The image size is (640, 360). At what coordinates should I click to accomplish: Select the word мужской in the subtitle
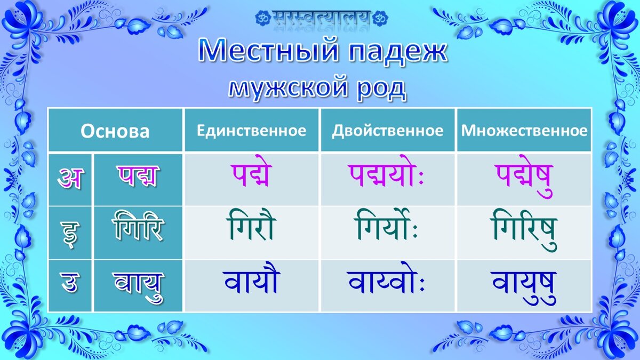(x=289, y=87)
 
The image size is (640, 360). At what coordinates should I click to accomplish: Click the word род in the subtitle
(x=382, y=89)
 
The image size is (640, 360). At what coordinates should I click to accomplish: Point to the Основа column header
(x=115, y=131)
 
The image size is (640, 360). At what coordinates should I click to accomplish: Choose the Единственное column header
(x=251, y=131)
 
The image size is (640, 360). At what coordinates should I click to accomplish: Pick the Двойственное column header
(x=388, y=131)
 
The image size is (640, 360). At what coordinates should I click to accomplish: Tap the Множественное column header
(x=524, y=131)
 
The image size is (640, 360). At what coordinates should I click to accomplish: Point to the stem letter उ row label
(x=69, y=283)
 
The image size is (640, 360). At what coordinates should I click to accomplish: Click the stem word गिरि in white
(x=138, y=226)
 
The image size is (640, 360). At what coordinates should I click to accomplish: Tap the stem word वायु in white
(x=139, y=286)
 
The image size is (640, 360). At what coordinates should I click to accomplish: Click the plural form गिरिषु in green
(x=524, y=231)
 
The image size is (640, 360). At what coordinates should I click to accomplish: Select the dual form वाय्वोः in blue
(x=386, y=278)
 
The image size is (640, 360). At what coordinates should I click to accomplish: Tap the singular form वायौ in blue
(x=251, y=278)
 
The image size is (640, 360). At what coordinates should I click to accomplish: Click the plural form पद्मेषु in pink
(x=525, y=176)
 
